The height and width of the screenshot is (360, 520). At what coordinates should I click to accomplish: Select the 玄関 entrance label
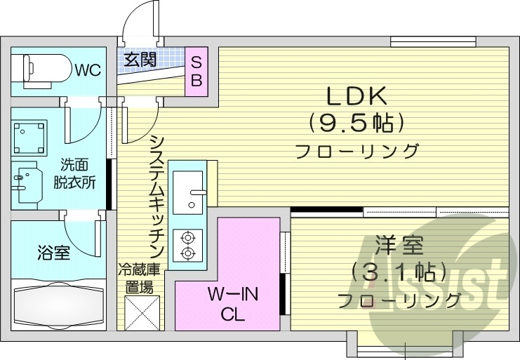pos(140,60)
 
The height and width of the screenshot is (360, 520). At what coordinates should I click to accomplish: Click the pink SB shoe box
pos(196,71)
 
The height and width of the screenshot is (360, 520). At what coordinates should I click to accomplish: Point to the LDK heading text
pos(356,96)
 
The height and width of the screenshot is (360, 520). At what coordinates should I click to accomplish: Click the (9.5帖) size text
pos(356,124)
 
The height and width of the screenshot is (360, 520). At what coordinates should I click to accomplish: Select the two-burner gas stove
pos(187,246)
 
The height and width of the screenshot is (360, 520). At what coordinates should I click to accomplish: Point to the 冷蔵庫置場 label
pos(139,277)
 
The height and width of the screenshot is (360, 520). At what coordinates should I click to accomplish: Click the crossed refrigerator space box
pos(139,312)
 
